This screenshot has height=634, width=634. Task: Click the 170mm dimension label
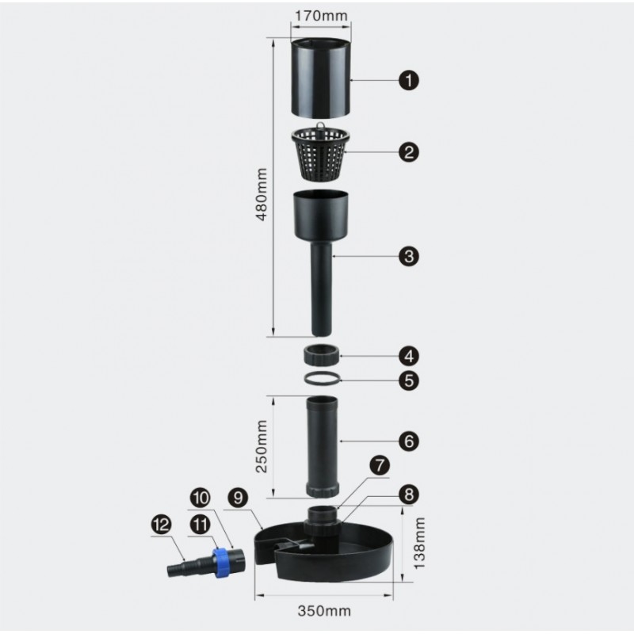[x=321, y=16]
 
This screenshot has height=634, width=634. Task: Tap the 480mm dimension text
[x=262, y=194]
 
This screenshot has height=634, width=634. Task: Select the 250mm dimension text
[x=262, y=446]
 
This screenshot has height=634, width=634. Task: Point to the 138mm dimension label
[x=419, y=543]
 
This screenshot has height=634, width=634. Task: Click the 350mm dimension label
[x=324, y=610]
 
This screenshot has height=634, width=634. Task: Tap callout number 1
[x=409, y=80]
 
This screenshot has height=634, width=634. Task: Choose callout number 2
[x=409, y=152]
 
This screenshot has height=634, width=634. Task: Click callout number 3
[x=409, y=256]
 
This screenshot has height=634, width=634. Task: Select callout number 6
[x=409, y=441]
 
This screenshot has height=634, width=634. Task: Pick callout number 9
[x=239, y=498]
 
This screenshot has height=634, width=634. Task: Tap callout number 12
[x=162, y=525]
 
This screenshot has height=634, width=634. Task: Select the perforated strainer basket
[x=320, y=154]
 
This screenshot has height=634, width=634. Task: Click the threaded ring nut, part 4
[x=321, y=354]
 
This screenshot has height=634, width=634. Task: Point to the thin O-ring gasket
[x=323, y=378]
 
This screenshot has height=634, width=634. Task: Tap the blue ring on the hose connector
[x=221, y=562]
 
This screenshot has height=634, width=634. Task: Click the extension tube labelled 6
[x=322, y=447]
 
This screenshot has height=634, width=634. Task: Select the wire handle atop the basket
[x=320, y=126]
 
